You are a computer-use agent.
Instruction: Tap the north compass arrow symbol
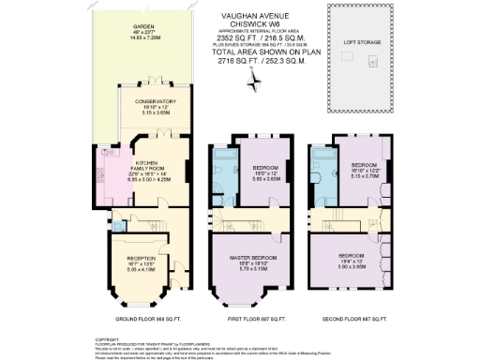[250, 82]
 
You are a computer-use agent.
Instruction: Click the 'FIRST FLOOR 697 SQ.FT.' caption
[244, 321]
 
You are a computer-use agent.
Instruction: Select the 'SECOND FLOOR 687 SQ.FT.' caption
[349, 321]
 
